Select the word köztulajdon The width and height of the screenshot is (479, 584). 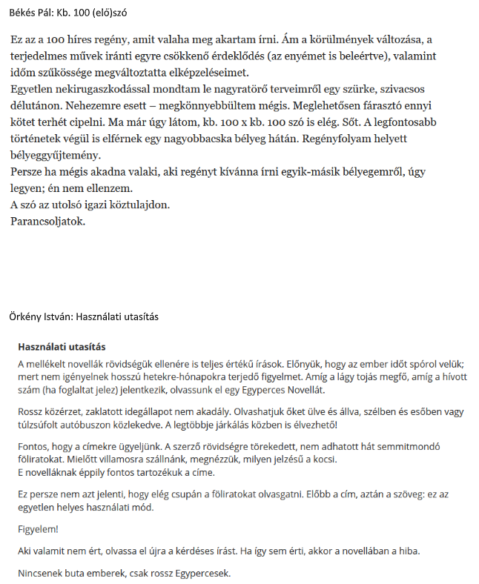pos(145,204)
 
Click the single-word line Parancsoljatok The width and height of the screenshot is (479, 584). pos(48,220)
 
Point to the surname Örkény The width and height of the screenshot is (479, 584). pos(27,316)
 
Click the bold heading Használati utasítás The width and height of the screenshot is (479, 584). pos(62,347)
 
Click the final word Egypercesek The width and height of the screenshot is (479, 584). pos(200,573)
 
